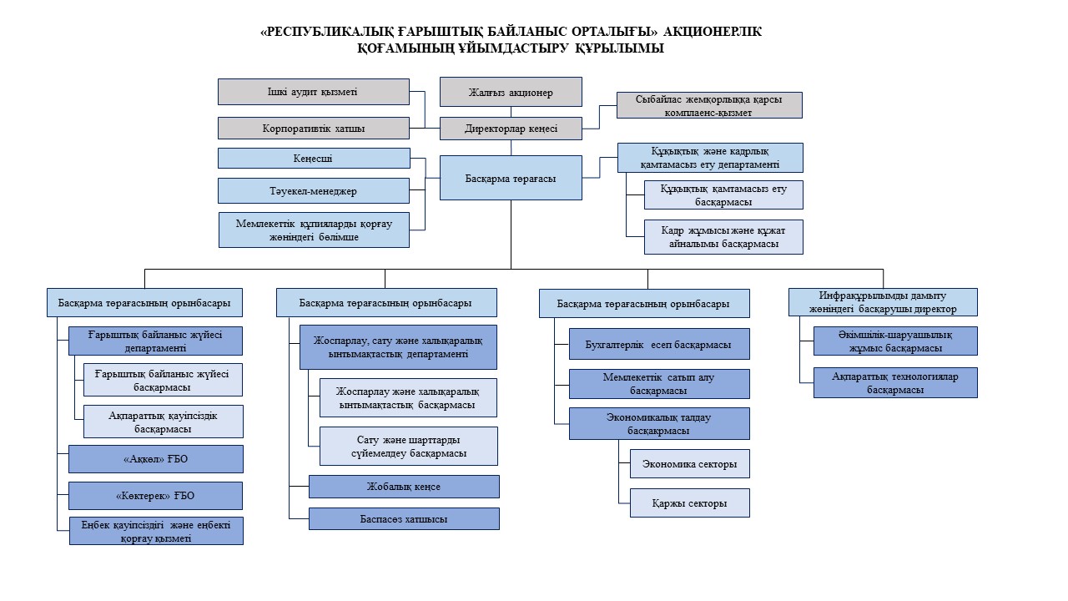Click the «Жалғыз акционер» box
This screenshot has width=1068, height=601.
click(x=511, y=92)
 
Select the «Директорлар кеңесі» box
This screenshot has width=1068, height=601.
click(x=511, y=129)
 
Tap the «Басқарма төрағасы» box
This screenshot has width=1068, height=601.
click(x=511, y=178)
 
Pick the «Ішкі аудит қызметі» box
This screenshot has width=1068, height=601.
click(x=313, y=92)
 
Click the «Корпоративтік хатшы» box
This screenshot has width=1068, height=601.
click(x=313, y=129)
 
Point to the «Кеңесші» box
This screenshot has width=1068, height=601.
click(x=314, y=159)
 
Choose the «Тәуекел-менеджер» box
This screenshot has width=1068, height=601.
click(x=313, y=191)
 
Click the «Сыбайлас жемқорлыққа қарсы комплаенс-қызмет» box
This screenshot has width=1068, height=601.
click(x=709, y=105)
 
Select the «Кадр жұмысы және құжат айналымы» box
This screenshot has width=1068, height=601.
click(x=723, y=237)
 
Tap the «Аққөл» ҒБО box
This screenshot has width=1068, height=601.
click(x=155, y=459)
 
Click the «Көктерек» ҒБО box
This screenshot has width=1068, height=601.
click(x=155, y=496)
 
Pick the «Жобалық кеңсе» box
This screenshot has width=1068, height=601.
click(x=404, y=487)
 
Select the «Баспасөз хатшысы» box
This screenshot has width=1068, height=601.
click(x=404, y=519)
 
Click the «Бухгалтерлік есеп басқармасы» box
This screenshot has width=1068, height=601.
click(x=659, y=344)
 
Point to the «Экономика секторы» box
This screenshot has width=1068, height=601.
click(x=689, y=463)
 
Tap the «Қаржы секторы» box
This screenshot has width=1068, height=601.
click(x=689, y=503)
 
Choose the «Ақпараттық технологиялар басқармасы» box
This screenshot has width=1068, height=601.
click(x=895, y=382)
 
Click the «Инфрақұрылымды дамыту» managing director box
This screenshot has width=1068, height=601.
click(x=883, y=302)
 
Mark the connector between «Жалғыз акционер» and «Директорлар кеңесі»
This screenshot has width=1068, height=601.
click(x=511, y=112)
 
